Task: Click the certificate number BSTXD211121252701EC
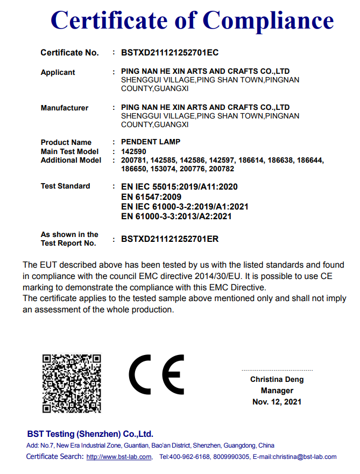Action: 170,53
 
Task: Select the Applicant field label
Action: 58,72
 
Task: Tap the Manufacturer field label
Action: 64,108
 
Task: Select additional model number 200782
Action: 223,169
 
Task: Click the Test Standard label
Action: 65,186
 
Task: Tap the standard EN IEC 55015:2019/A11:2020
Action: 179,187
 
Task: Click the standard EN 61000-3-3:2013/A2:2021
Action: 177,217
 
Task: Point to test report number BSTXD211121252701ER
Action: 170,239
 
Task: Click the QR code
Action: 71,382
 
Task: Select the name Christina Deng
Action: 277,380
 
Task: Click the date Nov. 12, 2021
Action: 277,402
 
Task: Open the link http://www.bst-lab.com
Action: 119,457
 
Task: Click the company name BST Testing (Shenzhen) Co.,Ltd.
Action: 90,434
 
